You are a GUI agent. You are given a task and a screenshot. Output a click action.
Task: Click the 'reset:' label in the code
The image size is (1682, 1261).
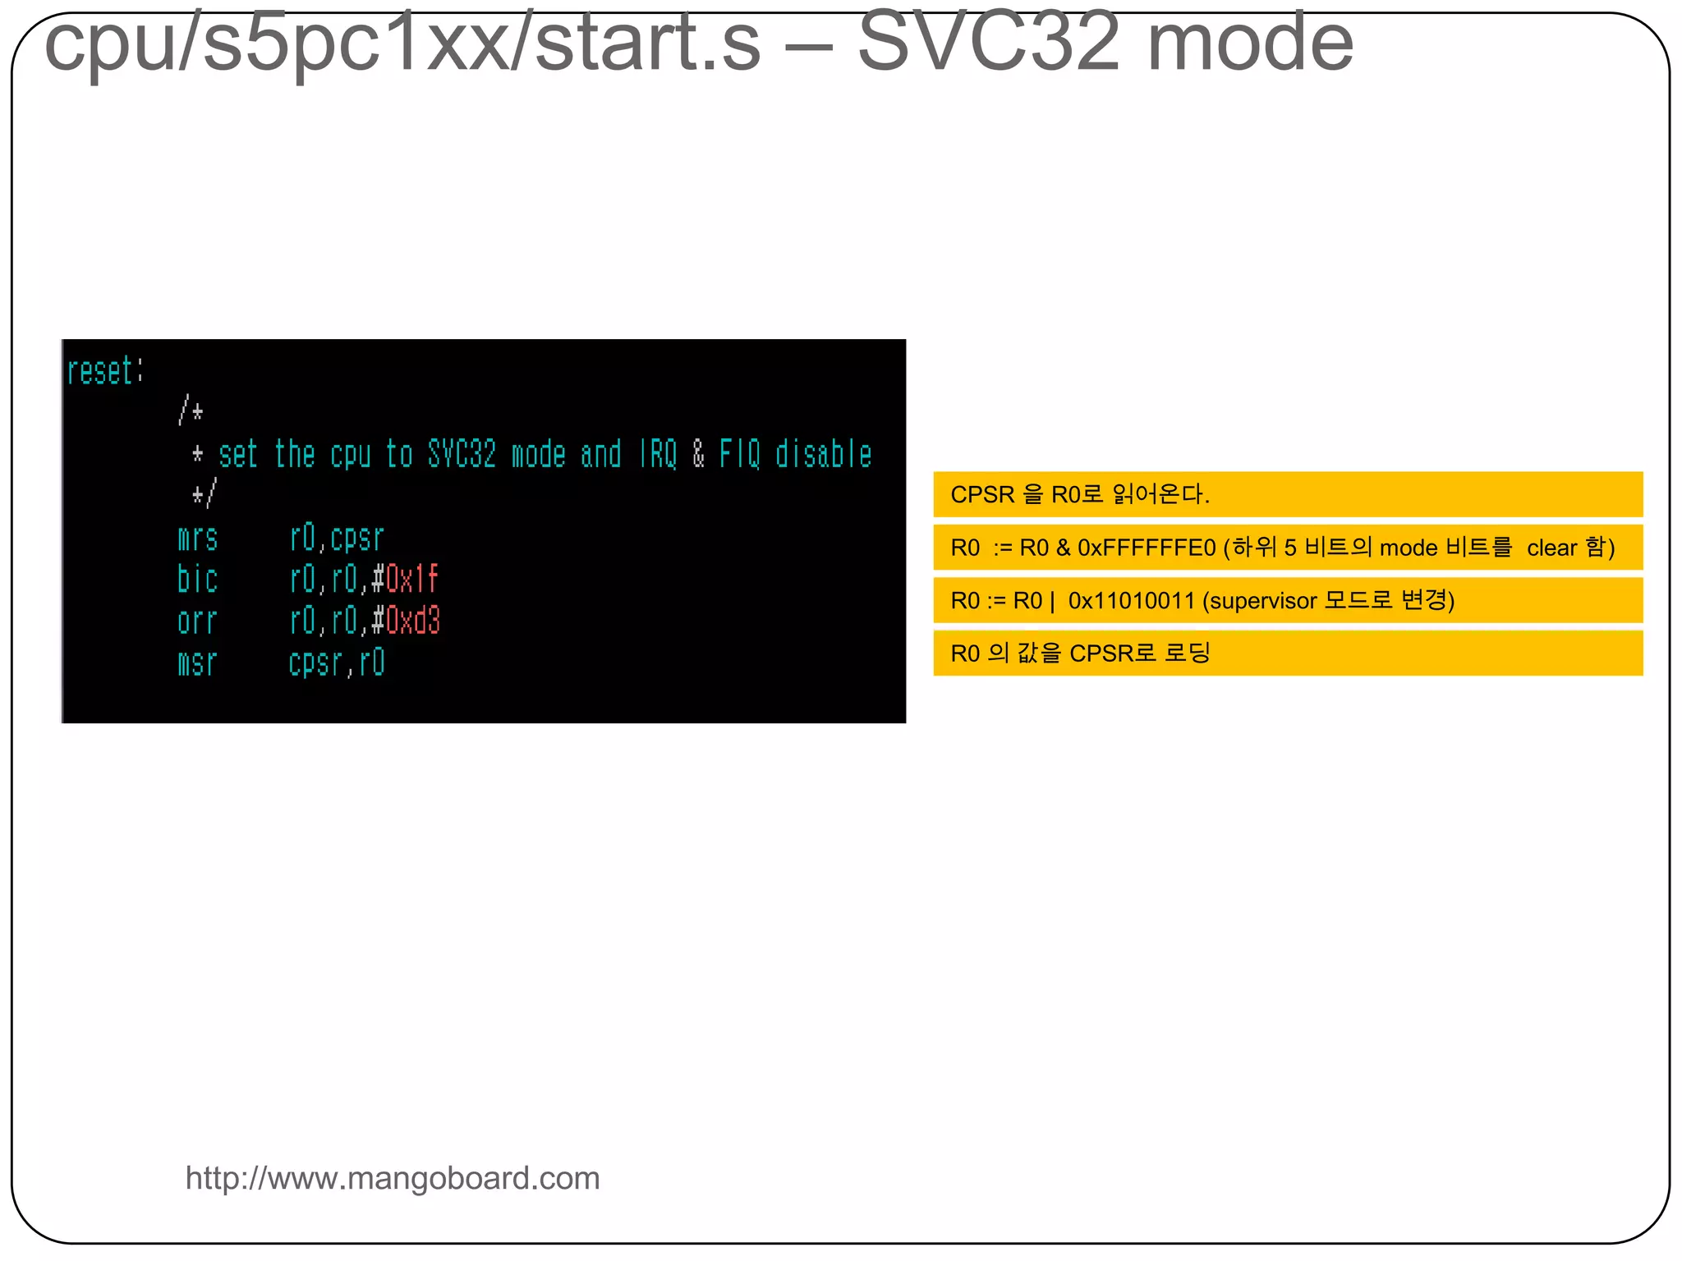[x=104, y=372]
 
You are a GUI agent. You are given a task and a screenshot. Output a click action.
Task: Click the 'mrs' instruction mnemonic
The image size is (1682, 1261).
[x=197, y=539]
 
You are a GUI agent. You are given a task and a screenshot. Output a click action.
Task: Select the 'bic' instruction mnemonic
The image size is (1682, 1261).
[x=197, y=580]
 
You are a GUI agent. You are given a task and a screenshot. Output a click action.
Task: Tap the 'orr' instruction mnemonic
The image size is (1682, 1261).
[x=197, y=621]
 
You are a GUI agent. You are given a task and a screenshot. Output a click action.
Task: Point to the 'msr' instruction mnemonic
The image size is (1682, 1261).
[x=197, y=663]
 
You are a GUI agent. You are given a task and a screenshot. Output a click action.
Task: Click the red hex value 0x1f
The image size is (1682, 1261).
[x=412, y=580]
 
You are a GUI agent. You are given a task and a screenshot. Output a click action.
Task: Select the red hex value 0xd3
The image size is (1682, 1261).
[x=413, y=621]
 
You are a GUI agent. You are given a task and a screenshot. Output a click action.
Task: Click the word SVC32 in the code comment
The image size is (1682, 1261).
[x=462, y=455]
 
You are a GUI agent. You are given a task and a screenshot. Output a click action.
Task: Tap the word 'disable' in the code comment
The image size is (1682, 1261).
[x=823, y=455]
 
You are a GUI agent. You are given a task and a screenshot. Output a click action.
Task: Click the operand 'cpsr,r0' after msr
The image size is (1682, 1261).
[x=337, y=663]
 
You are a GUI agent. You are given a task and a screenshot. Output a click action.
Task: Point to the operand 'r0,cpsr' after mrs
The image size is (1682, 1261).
[x=337, y=539]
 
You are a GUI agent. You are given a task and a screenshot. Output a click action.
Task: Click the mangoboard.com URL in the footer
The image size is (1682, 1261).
[x=393, y=1178]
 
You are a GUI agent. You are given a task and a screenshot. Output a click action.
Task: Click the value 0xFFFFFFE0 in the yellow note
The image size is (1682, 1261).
[x=1146, y=548]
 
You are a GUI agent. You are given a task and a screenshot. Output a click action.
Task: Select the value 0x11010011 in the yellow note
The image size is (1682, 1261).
[x=1131, y=601]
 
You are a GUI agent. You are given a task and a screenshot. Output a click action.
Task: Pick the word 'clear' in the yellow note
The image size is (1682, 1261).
[x=1551, y=548]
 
